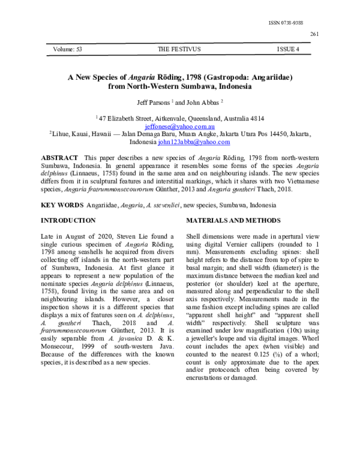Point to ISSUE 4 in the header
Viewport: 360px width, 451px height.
(x=288, y=49)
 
